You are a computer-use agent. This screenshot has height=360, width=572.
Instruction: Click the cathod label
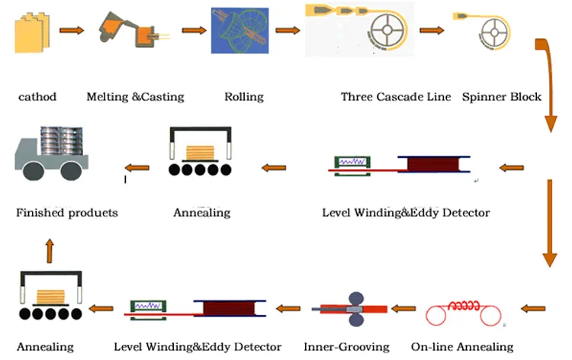(37, 97)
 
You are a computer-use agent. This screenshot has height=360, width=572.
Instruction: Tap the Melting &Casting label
(135, 97)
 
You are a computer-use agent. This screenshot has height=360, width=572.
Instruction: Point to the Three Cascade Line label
(395, 97)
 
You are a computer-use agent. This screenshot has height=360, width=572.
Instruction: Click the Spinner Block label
(501, 97)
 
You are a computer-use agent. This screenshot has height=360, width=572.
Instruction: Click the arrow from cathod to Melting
(72, 31)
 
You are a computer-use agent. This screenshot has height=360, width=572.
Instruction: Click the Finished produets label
(67, 213)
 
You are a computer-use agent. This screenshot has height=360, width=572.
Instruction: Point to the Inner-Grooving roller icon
(356, 307)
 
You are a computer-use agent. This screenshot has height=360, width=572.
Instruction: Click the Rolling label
(244, 97)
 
